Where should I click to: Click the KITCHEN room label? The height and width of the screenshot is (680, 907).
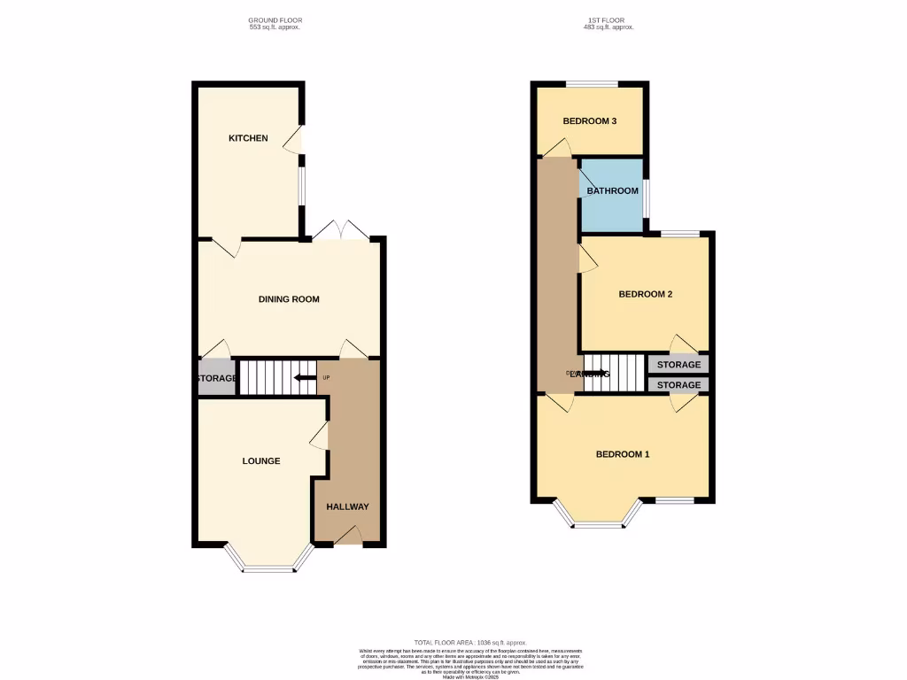(248, 138)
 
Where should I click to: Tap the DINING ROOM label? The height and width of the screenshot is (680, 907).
(289, 299)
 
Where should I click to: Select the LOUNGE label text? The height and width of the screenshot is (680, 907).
(261, 461)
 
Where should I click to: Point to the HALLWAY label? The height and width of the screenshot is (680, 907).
(347, 506)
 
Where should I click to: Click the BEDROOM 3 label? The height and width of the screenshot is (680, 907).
(590, 121)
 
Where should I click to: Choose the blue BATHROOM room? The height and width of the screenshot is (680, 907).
(612, 195)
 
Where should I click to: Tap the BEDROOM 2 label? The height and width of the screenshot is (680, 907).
(645, 295)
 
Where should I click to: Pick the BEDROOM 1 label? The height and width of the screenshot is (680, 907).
(623, 455)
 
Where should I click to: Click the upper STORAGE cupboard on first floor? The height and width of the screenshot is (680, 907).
(678, 365)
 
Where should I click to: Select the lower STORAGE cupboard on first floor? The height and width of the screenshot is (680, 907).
(678, 385)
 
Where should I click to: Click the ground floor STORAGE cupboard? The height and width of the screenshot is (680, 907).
(216, 379)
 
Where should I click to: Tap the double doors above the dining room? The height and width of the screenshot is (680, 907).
(340, 230)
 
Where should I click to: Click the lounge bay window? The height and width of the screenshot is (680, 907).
(268, 567)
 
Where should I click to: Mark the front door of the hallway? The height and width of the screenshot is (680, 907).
(348, 535)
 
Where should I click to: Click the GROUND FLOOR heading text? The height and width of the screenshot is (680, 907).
(274, 20)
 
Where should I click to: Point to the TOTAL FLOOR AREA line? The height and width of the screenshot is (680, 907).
(470, 642)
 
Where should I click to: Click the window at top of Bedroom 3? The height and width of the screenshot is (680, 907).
(592, 84)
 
